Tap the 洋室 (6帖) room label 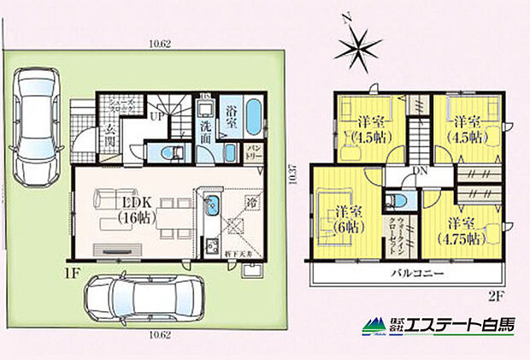click(x=344, y=219)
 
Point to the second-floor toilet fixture click(x=391, y=202)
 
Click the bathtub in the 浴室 click(x=256, y=118)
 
